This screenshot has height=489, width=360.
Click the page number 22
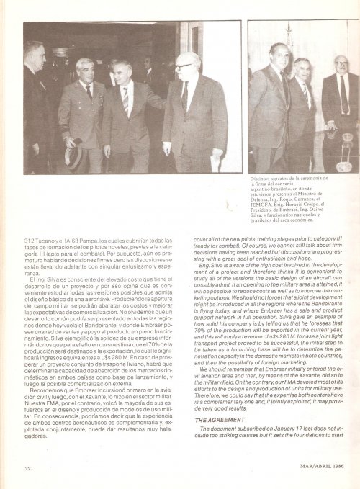coord(27,468)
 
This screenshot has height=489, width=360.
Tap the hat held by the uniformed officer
coord(73,154)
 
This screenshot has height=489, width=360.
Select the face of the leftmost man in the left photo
coord(34,56)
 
